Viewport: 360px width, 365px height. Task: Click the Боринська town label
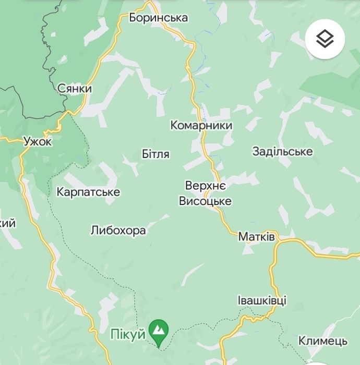pyautogui.click(x=159, y=18)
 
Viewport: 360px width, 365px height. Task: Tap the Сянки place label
pyautogui.click(x=75, y=89)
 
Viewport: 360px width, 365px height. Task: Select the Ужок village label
pyautogui.click(x=38, y=141)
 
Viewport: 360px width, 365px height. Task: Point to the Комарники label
pyautogui.click(x=201, y=126)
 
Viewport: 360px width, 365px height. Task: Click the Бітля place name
pyautogui.click(x=155, y=154)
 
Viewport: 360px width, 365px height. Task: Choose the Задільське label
pyautogui.click(x=282, y=152)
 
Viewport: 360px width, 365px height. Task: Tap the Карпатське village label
pyautogui.click(x=88, y=192)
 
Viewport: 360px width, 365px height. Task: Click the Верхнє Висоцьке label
pyautogui.click(x=205, y=193)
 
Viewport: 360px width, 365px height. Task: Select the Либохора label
pyautogui.click(x=118, y=230)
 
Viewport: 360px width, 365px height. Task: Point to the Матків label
pyautogui.click(x=256, y=237)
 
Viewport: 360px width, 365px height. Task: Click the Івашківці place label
pyautogui.click(x=261, y=301)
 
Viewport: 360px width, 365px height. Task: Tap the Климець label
pyautogui.click(x=322, y=341)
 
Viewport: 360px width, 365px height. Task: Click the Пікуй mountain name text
pyautogui.click(x=128, y=334)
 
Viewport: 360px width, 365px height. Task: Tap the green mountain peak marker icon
pyautogui.click(x=158, y=330)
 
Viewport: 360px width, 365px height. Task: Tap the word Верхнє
pyautogui.click(x=205, y=186)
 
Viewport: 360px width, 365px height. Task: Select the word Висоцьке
pyautogui.click(x=205, y=201)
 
